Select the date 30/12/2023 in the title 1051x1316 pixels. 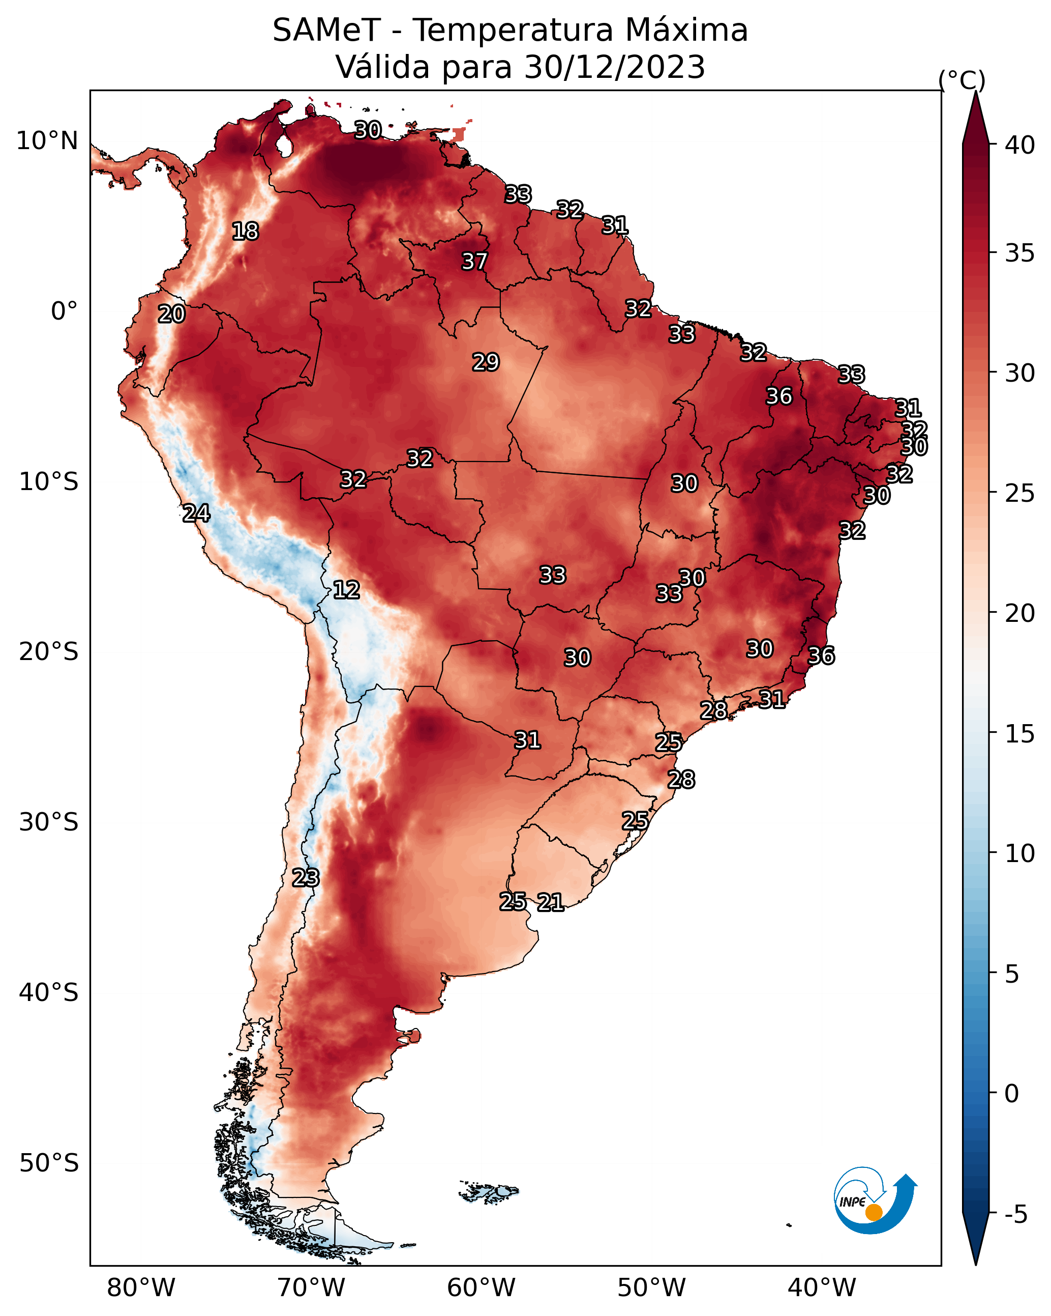(x=614, y=67)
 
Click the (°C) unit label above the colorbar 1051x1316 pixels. (x=962, y=80)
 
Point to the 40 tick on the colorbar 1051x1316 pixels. (x=1020, y=145)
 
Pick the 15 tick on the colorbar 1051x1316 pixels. (x=1020, y=734)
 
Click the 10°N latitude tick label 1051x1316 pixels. (x=47, y=141)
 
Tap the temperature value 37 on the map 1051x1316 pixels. (x=474, y=261)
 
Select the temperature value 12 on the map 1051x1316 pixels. (x=346, y=590)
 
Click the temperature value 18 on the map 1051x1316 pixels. (x=245, y=232)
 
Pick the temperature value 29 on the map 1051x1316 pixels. (x=486, y=362)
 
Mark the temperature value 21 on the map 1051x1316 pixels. (x=550, y=902)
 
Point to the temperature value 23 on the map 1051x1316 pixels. (x=305, y=878)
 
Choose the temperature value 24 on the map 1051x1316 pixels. (x=196, y=513)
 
